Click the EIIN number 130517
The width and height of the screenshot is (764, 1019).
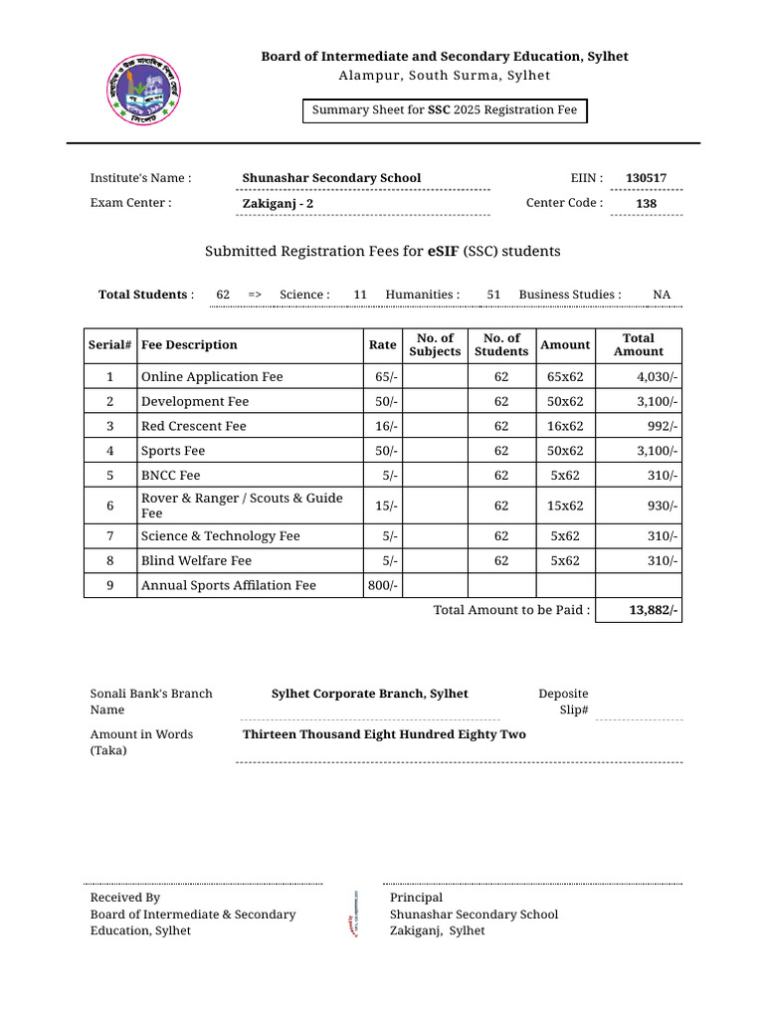(x=646, y=178)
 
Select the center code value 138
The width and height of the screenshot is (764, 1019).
(x=646, y=204)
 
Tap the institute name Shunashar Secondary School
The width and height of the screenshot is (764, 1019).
(x=331, y=178)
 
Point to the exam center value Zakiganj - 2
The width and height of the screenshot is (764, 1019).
(x=278, y=204)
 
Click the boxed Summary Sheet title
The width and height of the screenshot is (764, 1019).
(x=445, y=110)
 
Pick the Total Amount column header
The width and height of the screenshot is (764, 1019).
(x=638, y=345)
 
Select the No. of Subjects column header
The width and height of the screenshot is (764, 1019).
(x=435, y=345)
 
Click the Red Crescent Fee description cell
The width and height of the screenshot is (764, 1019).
(x=194, y=426)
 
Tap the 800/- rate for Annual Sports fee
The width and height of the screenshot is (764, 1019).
(x=382, y=585)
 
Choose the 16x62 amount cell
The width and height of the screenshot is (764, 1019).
(x=565, y=426)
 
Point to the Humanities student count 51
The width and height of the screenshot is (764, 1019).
(x=493, y=295)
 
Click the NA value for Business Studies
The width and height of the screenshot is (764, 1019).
(x=662, y=295)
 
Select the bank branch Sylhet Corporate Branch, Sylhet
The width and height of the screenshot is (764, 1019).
(x=369, y=694)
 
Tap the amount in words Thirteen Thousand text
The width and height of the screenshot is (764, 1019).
(x=384, y=734)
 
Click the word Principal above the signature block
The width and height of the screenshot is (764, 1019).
(x=416, y=898)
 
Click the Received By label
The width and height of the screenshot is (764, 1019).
(x=125, y=898)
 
